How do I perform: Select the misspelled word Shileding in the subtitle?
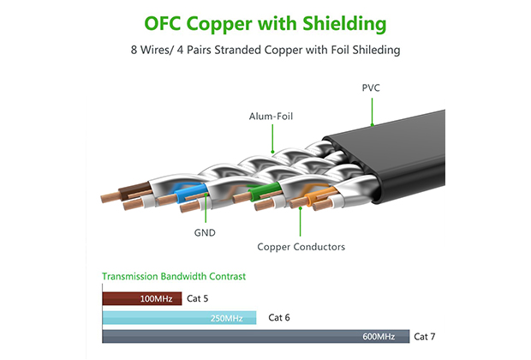click(x=376, y=51)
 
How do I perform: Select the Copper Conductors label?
click(x=301, y=247)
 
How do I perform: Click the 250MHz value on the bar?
click(x=227, y=318)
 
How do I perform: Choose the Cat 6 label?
click(x=279, y=318)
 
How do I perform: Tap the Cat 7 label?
click(x=426, y=336)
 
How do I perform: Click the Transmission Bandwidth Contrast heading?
click(x=173, y=277)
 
